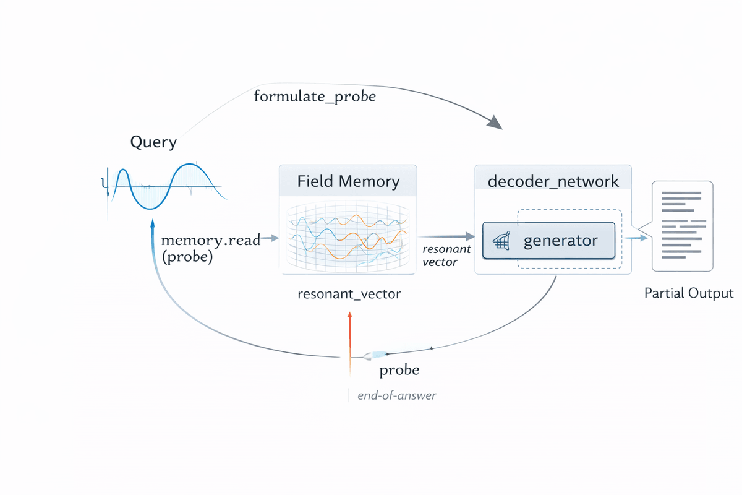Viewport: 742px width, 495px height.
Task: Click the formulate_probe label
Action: point(315,97)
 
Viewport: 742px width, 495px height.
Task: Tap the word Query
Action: point(153,142)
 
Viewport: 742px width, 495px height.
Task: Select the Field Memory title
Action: point(348,181)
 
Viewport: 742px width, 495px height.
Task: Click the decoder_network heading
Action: point(553,181)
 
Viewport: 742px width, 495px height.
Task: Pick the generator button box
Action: point(548,241)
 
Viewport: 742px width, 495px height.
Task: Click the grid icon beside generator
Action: point(502,241)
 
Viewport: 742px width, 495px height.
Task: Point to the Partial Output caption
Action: point(688,293)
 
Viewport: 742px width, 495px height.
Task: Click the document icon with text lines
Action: point(682,226)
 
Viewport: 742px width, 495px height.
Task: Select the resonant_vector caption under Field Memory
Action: point(349,294)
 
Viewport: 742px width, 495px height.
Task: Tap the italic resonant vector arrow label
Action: point(445,256)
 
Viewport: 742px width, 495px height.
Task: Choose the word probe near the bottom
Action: point(399,370)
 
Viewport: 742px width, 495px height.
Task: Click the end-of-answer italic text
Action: point(396,395)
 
